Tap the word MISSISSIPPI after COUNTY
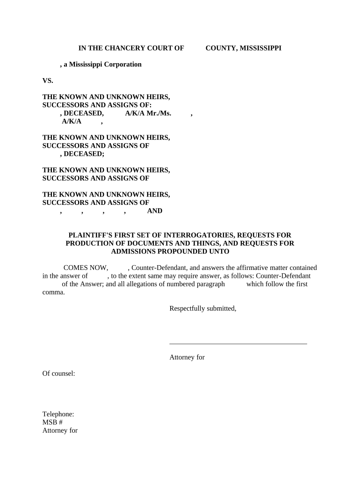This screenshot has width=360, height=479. pyautogui.click(x=259, y=48)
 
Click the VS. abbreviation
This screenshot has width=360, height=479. pyautogui.click(x=48, y=80)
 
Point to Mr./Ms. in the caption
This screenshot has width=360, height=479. pyautogui.click(x=159, y=113)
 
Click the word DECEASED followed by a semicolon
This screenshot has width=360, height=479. pyautogui.click(x=84, y=153)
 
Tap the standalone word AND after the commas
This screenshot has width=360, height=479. pyautogui.click(x=155, y=210)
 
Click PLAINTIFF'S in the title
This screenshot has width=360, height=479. pyautogui.click(x=91, y=235)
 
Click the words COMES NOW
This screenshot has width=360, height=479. pyautogui.click(x=86, y=268)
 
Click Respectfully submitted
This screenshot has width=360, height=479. pyautogui.click(x=202, y=308)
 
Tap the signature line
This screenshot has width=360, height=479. pyautogui.click(x=238, y=344)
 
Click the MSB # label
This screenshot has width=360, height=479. pyautogui.click(x=52, y=422)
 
